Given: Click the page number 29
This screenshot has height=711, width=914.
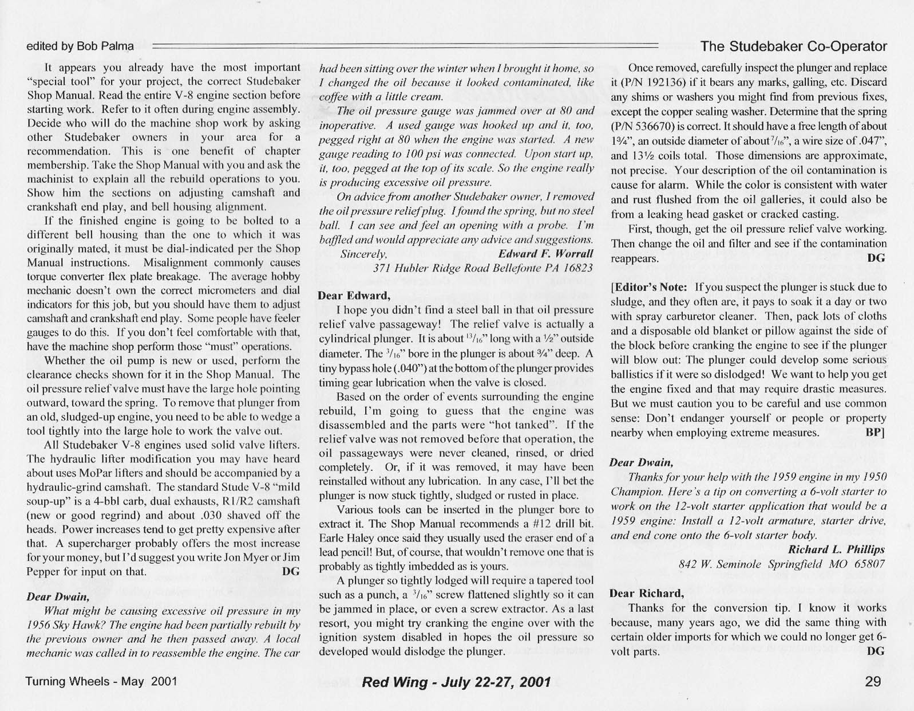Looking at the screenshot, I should point(873,681).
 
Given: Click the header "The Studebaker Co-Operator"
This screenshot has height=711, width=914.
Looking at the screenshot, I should point(794,46).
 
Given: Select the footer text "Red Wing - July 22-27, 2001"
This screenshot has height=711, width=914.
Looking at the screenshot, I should point(456,682).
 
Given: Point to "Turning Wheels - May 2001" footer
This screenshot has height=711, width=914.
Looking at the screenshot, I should point(101,681).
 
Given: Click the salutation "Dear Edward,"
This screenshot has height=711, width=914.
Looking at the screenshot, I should point(354,296).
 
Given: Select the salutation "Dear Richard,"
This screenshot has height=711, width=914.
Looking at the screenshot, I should point(647,594).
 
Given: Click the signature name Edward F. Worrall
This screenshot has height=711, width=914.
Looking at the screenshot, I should point(545,253).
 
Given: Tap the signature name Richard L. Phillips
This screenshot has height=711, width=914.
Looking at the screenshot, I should point(836,549).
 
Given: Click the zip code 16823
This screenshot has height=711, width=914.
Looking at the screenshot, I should point(576,268).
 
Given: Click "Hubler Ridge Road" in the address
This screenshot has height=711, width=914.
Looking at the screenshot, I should point(440,268).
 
